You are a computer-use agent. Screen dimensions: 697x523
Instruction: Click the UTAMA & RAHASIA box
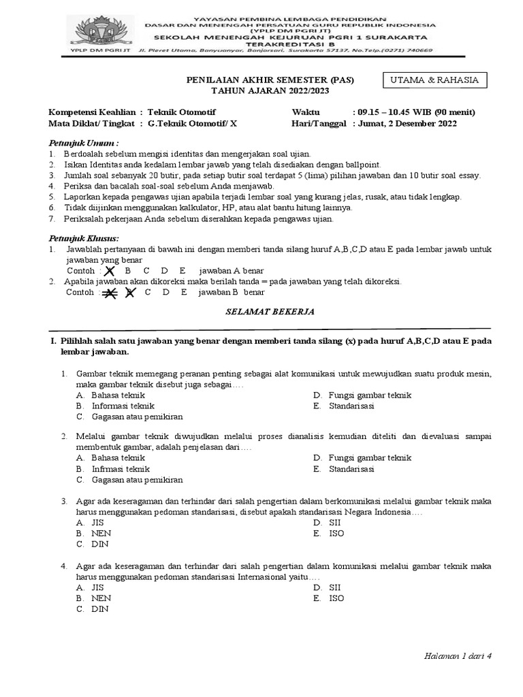coord(434,80)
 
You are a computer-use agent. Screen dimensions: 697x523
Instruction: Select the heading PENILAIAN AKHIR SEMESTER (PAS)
coord(270,80)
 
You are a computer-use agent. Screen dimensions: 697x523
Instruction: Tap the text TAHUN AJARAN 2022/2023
coord(270,91)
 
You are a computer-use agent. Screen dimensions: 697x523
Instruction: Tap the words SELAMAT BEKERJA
coord(270,310)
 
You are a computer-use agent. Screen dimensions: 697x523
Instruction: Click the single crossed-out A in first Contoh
coord(108,272)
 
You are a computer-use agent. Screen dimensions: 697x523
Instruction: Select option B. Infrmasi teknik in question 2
coord(113,469)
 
